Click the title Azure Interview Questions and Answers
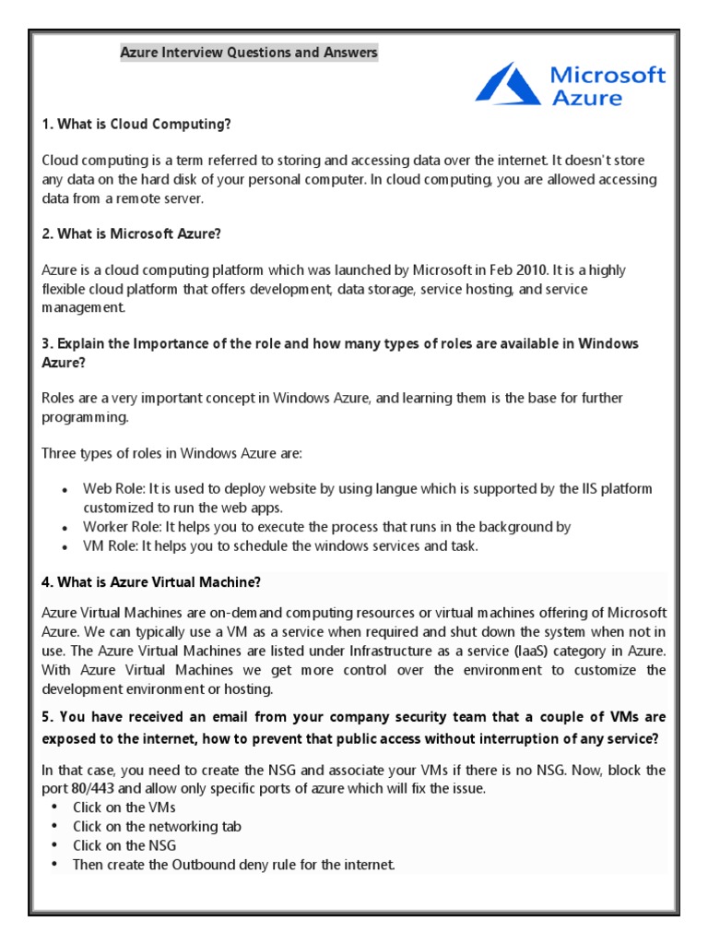(x=249, y=53)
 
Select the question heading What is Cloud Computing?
(x=143, y=124)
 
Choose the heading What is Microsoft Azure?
(x=132, y=233)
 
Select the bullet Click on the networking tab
(x=158, y=826)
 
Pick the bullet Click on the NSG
(x=124, y=845)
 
